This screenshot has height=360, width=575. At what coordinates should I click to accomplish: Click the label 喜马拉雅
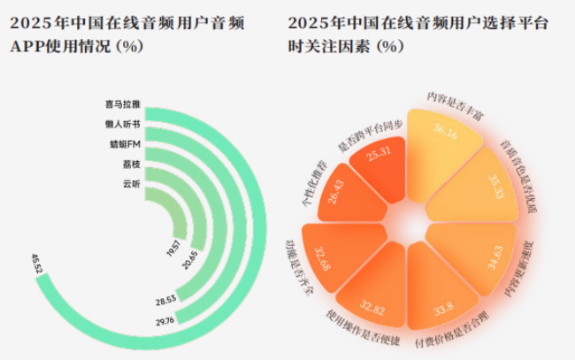pyautogui.click(x=123, y=103)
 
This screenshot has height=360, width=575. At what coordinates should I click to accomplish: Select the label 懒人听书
pyautogui.click(x=123, y=124)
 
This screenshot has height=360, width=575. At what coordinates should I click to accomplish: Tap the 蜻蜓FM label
pyautogui.click(x=123, y=144)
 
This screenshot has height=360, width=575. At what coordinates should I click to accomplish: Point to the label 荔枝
pyautogui.click(x=131, y=165)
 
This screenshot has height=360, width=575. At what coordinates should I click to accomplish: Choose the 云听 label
pyautogui.click(x=131, y=184)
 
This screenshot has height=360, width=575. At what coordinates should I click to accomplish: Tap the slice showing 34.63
pyautogui.click(x=501, y=261)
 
